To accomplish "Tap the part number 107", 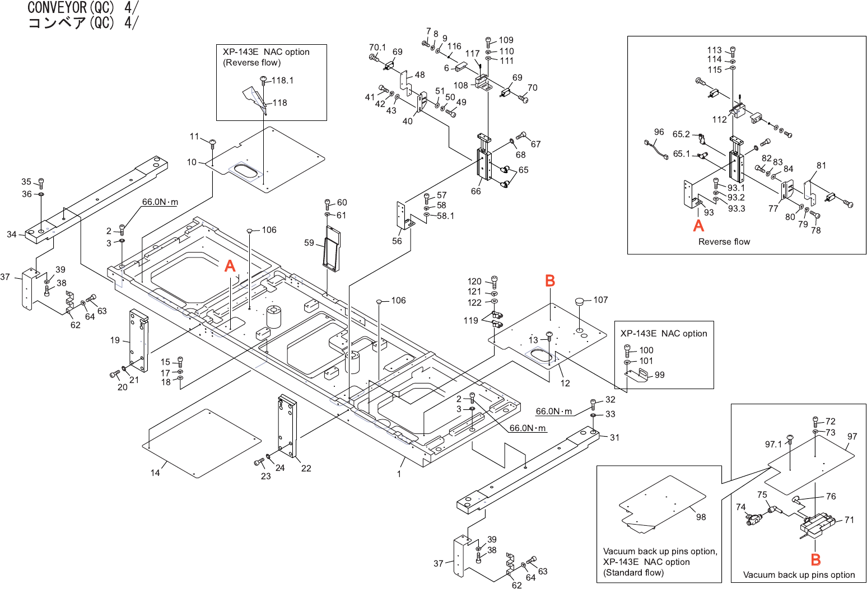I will [600, 300].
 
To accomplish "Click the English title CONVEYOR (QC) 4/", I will [83, 8].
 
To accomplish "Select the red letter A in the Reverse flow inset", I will [698, 226].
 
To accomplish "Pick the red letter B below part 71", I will [815, 559].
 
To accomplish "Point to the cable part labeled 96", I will [656, 151].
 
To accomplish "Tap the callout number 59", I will [309, 243].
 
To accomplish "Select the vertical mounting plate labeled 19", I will [138, 340].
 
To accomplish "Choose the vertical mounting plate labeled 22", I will [288, 427].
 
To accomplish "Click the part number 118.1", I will [282, 81].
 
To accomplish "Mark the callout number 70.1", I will [377, 48].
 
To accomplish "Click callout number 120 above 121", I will [474, 282].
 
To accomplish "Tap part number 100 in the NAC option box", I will [646, 350].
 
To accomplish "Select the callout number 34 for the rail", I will [12, 235].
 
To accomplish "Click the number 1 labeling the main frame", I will [399, 474].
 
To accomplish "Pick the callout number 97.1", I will [773, 445].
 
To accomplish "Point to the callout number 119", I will [470, 321].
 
